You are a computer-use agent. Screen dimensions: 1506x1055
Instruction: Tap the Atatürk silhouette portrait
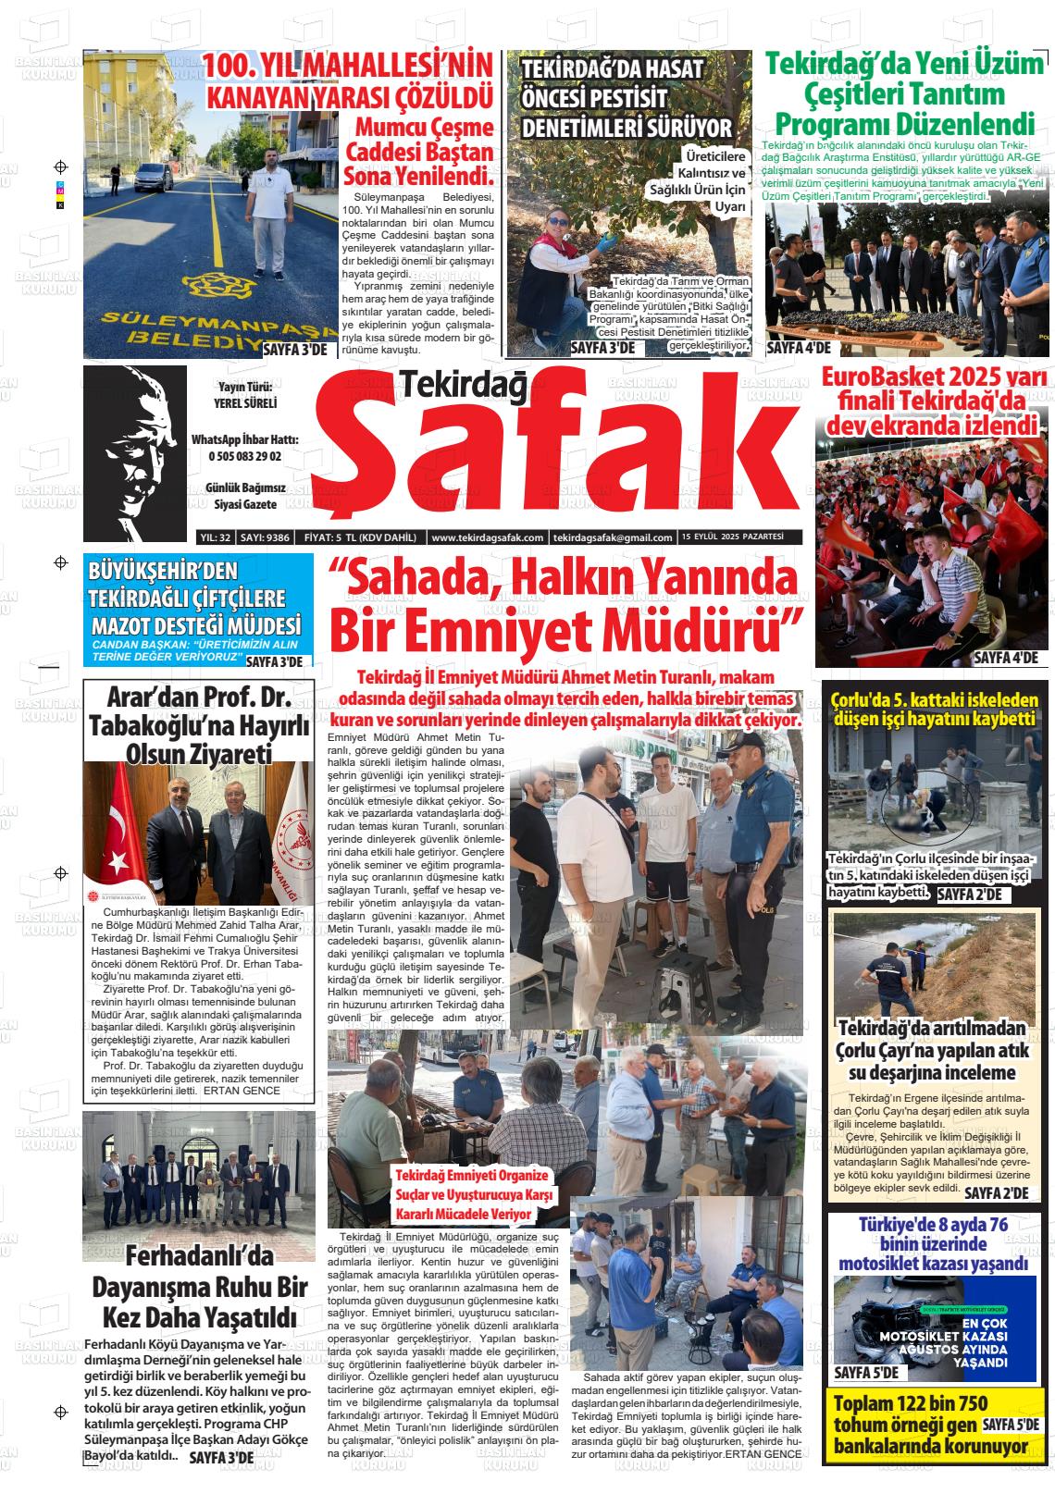[x=135, y=452]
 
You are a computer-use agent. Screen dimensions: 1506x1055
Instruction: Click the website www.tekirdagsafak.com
[x=487, y=537]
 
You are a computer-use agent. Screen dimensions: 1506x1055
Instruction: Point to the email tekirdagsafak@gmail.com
[x=612, y=537]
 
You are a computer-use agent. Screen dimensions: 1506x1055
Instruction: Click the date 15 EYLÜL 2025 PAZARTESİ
[x=732, y=537]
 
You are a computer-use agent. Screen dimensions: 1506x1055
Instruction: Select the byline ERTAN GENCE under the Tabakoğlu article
[x=242, y=1091]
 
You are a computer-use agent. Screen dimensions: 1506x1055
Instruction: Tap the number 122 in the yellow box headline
[x=919, y=1403]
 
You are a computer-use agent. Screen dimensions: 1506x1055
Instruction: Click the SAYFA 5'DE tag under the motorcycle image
[x=865, y=1372]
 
